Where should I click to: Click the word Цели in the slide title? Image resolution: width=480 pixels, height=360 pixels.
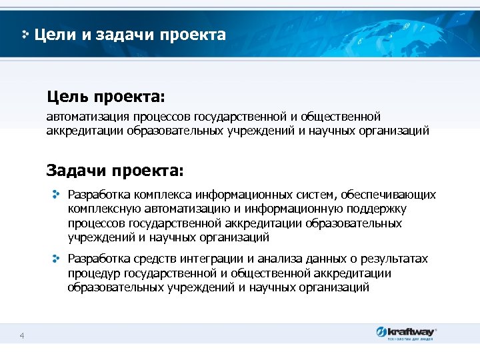click(x=55, y=34)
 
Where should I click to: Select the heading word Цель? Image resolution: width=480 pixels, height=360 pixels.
click(x=67, y=98)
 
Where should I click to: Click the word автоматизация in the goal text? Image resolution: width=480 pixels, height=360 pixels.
click(x=81, y=117)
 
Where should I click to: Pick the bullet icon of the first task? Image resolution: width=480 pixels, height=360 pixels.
click(x=57, y=194)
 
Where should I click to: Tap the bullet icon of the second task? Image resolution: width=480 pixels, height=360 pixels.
click(x=57, y=258)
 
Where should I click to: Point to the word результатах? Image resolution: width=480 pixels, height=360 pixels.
click(x=393, y=259)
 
